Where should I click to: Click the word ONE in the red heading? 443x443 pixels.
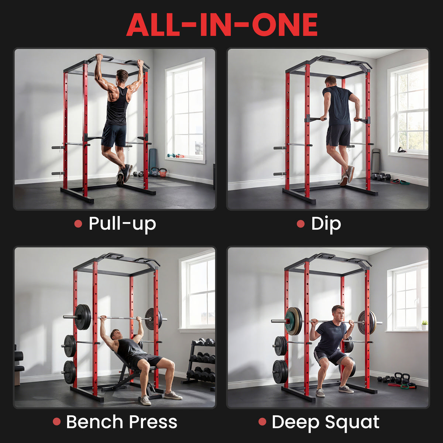click(285, 25)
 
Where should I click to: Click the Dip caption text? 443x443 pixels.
click(326, 224)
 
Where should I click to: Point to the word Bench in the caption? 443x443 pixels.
click(95, 422)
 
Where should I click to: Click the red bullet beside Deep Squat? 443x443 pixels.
click(262, 422)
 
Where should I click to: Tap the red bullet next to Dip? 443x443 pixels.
click(301, 224)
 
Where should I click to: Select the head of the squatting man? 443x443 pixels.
click(338, 313)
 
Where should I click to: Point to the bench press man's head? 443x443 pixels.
click(116, 335)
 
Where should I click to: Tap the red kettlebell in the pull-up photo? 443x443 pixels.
click(162, 173)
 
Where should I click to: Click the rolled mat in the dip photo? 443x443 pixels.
click(376, 161)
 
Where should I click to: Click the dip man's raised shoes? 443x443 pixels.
click(347, 175)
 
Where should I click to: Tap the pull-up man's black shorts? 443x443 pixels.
click(114, 135)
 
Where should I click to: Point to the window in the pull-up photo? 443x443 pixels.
click(185, 111)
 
